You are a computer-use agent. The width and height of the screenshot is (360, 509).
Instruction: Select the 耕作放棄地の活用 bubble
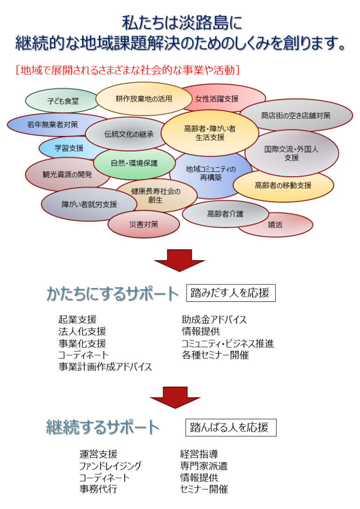pos(143,99)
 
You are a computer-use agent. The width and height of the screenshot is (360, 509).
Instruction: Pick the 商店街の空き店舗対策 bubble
pos(296,115)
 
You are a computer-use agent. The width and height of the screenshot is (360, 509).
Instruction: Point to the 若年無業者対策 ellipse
pos(52,125)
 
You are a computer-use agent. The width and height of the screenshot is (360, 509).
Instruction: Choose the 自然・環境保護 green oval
pos(134,163)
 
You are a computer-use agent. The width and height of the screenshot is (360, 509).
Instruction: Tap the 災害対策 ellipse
pos(143,225)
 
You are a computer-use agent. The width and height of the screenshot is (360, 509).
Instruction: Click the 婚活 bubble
pos(276,225)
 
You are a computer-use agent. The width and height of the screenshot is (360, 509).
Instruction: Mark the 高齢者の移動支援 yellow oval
pos(283,185)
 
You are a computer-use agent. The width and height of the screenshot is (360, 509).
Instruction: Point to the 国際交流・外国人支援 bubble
pos(291,153)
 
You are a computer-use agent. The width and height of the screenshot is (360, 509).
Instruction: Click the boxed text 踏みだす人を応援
pos(230,293)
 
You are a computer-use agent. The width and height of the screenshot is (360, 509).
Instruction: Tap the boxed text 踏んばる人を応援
pos(230,427)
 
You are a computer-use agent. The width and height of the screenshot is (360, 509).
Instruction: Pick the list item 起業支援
pos(77,320)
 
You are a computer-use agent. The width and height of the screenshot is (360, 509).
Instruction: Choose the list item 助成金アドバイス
pos(214,320)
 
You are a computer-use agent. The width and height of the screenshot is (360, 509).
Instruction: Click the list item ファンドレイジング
pos(110,466)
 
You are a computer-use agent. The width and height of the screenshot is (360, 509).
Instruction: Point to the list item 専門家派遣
pos(204,466)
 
